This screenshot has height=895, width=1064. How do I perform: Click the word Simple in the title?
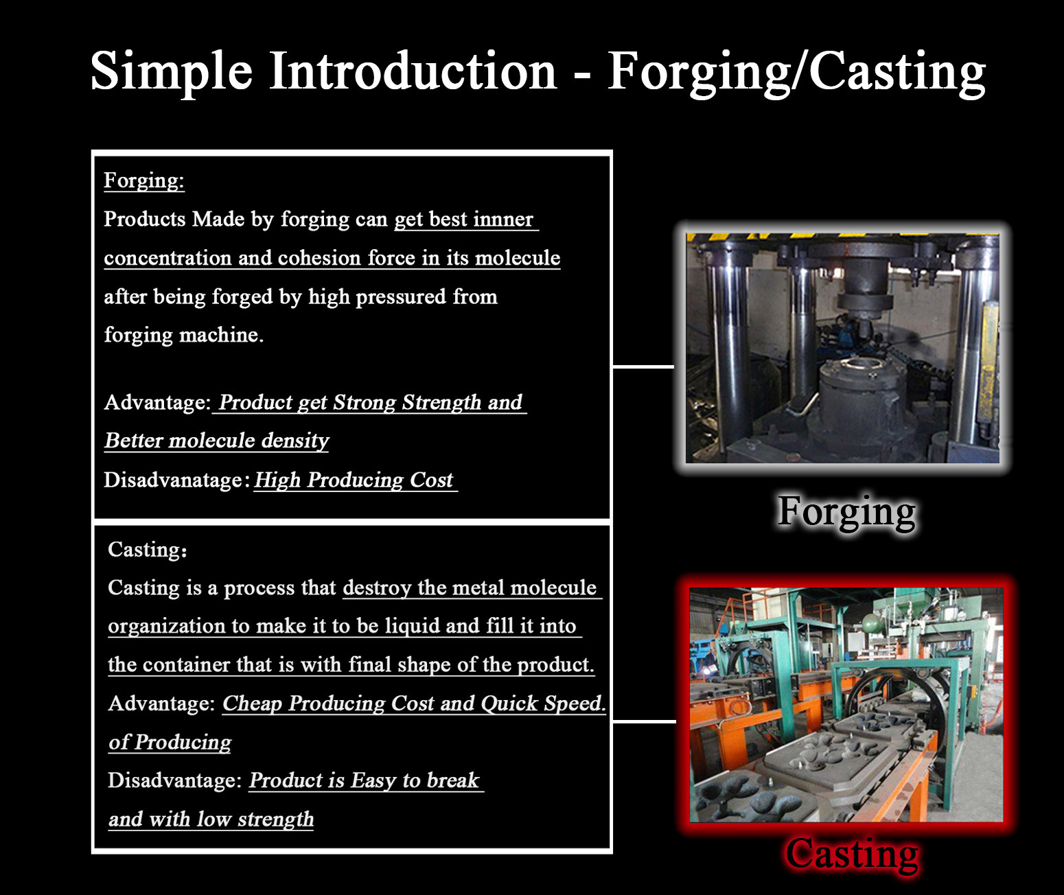pyautogui.click(x=172, y=72)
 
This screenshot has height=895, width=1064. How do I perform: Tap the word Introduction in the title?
pyautogui.click(x=413, y=71)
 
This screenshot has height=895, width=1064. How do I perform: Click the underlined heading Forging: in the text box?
pyautogui.click(x=144, y=181)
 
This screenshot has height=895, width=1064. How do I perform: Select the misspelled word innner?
pyautogui.click(x=503, y=219)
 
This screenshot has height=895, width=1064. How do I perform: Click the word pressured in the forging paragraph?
pyautogui.click(x=400, y=297)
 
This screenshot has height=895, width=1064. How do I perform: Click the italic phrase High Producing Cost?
pyautogui.click(x=354, y=480)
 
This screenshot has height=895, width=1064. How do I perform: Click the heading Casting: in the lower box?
pyautogui.click(x=148, y=550)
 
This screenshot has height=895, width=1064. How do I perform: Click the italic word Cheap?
pyautogui.click(x=252, y=704)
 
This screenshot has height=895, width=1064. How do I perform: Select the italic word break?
pyautogui.click(x=453, y=780)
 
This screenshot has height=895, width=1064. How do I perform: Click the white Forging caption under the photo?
pyautogui.click(x=846, y=512)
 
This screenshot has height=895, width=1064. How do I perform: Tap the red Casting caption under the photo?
pyautogui.click(x=852, y=855)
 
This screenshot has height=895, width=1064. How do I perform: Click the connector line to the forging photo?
pyautogui.click(x=643, y=367)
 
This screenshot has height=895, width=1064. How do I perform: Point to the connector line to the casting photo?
pyautogui.click(x=644, y=721)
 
